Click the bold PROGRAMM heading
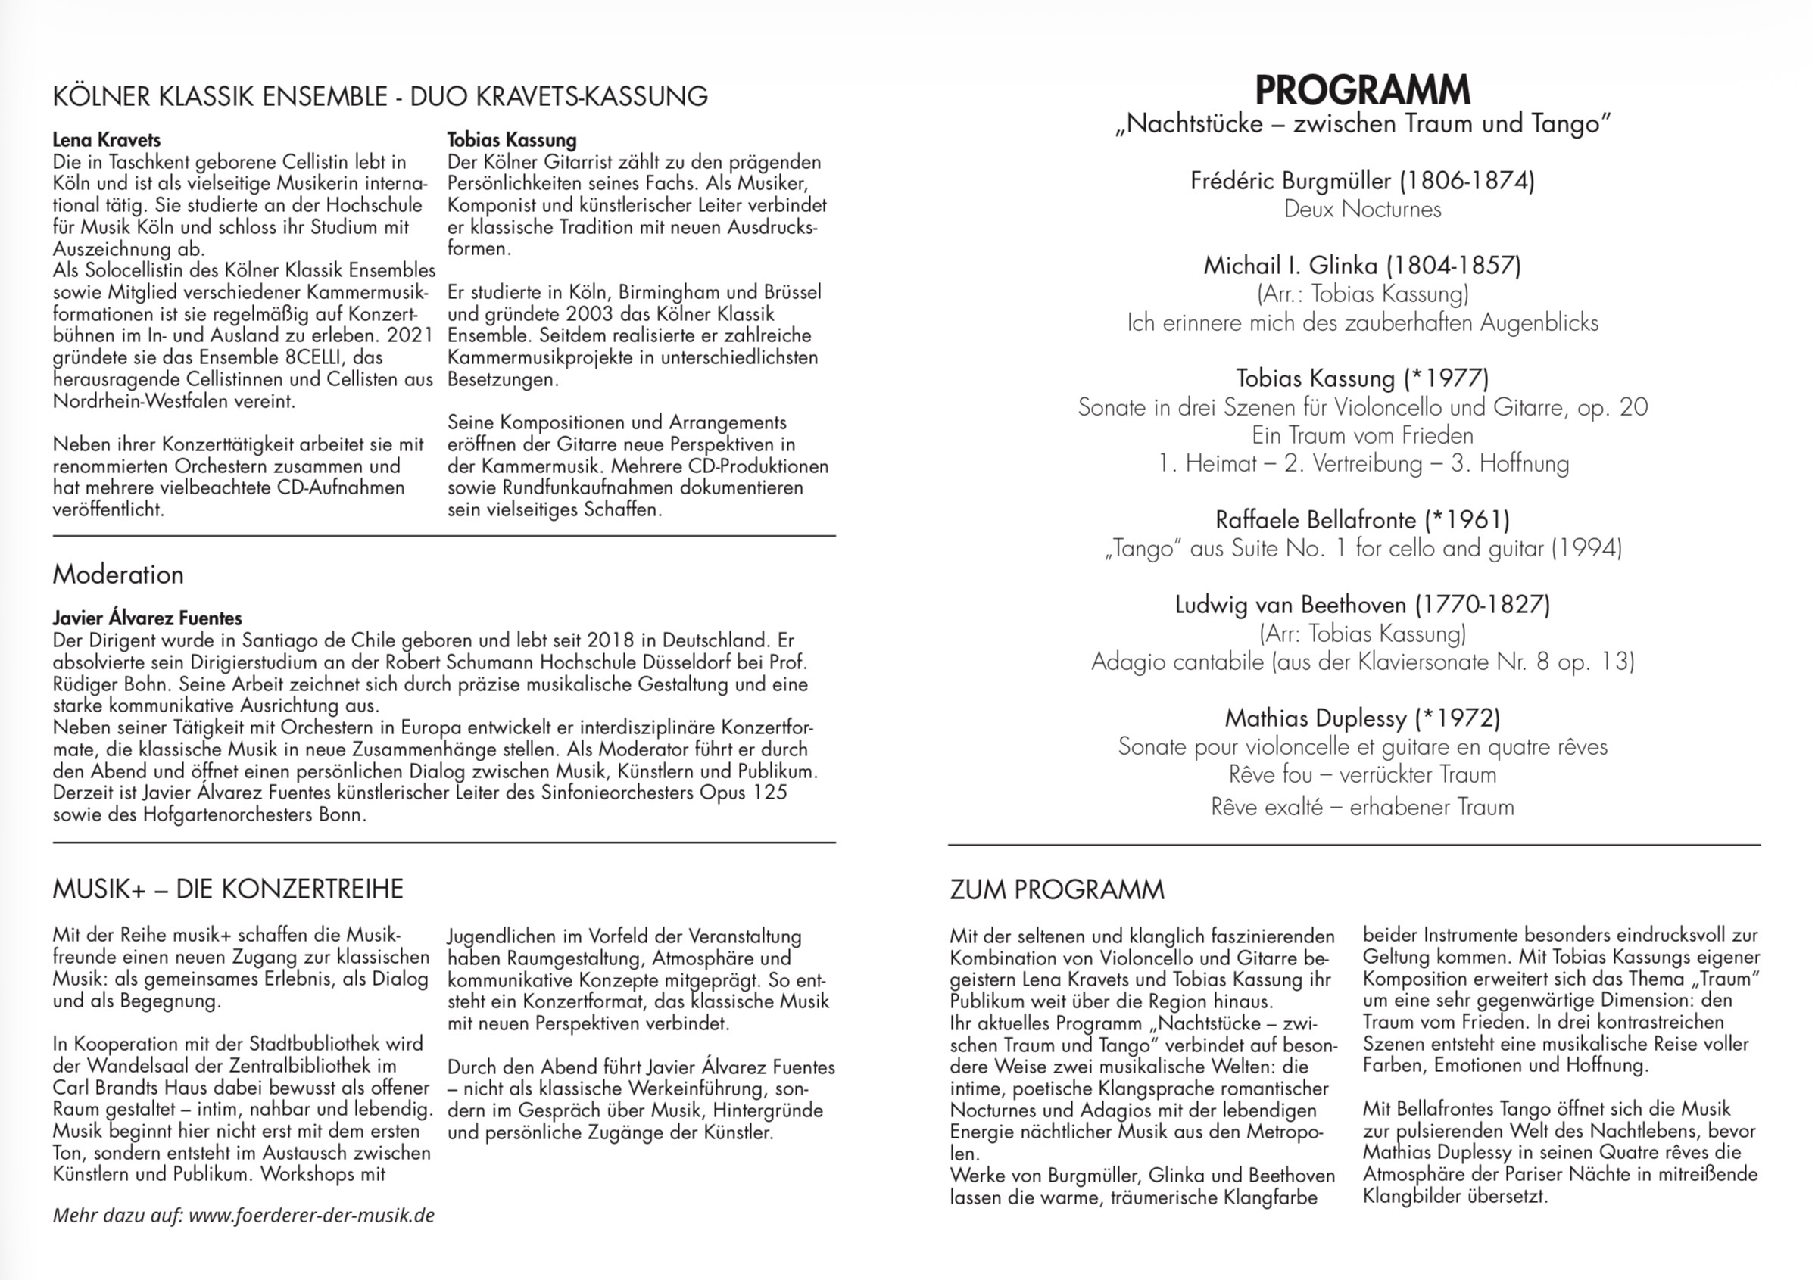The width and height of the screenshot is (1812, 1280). [x=1362, y=91]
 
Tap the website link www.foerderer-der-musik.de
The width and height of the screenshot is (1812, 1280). [x=312, y=1216]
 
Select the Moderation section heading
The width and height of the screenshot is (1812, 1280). [x=118, y=575]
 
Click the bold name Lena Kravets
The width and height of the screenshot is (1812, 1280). [x=107, y=140]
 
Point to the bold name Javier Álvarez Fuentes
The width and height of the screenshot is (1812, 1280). [x=148, y=618]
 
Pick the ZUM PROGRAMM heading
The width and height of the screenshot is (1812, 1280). [x=1057, y=889]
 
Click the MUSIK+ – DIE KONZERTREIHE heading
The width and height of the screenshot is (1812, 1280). [x=228, y=889]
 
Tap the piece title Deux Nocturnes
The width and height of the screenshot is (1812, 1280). [x=1362, y=209]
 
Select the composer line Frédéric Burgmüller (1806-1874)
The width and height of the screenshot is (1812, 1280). [x=1362, y=181]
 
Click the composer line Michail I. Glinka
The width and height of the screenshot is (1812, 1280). [x=1362, y=265]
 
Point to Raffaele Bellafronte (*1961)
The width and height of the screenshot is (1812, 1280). [x=1362, y=520]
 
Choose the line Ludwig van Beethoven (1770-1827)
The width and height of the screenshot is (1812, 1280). [x=1362, y=606]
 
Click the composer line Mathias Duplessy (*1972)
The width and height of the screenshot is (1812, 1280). [x=1362, y=718]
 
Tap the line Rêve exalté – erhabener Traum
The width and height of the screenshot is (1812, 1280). [x=1362, y=808]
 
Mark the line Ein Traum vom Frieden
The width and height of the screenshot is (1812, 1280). [x=1362, y=435]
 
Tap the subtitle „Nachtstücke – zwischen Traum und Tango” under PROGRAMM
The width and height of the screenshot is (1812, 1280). [x=1362, y=125]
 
